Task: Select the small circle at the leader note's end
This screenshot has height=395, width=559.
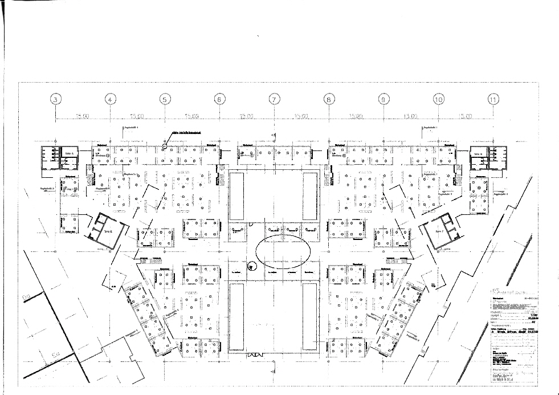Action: click(x=165, y=146)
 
